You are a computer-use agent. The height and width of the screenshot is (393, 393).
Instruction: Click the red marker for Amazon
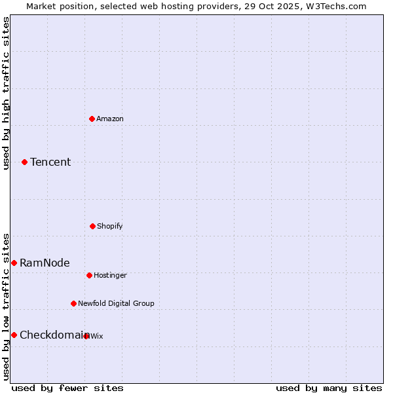pos(92,119)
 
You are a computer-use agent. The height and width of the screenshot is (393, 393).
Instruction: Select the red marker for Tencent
pos(24,162)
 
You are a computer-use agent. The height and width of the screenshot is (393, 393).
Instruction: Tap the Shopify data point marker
pos(92,226)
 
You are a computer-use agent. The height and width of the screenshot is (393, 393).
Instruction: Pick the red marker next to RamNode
pos(14,263)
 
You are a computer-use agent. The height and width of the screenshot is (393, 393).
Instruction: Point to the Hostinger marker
pos(89,275)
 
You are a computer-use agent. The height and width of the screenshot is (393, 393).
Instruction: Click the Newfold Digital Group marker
pos(73,303)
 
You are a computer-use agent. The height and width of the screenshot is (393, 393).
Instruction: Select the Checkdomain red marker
pos(14,335)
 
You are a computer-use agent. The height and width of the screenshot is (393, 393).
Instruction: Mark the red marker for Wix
pos(86,336)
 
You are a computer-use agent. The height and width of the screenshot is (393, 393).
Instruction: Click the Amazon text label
pos(110,119)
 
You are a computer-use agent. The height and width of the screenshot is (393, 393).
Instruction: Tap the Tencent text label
pos(50,162)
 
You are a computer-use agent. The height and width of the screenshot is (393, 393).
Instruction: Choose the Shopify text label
pos(110,226)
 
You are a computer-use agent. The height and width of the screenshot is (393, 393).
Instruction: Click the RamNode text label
pos(45,263)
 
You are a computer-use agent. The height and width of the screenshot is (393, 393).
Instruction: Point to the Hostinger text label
pos(110,275)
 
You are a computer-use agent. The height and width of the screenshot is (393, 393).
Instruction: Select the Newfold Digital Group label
pos(116,303)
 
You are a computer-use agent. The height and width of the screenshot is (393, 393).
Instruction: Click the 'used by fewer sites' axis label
pos(67,388)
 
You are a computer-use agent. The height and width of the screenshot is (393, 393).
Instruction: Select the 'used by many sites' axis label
pos(329,388)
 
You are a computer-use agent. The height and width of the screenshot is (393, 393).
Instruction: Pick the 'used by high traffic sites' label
pos(6,93)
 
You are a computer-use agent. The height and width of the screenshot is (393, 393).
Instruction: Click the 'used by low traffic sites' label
pos(6,307)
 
